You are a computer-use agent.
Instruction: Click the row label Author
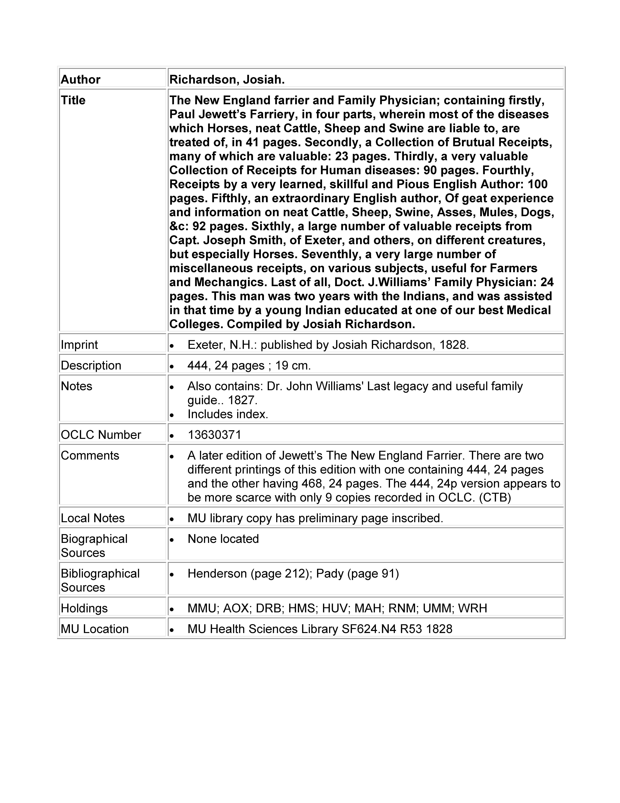[x=80, y=79]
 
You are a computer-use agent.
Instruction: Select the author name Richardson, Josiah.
[x=227, y=79]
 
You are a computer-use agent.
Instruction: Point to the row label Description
[x=91, y=365]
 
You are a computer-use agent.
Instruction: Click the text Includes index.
[x=228, y=414]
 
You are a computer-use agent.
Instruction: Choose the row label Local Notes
[x=93, y=518]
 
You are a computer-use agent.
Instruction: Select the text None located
[x=223, y=539]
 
